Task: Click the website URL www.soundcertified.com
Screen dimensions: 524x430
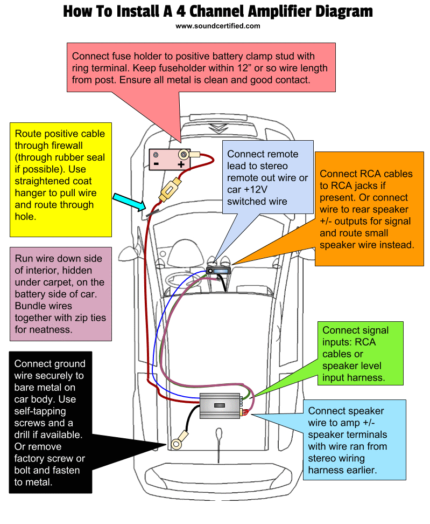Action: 217,25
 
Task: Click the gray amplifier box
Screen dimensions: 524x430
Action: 221,405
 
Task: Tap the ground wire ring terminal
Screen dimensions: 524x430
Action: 176,444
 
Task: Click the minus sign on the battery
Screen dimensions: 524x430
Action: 157,163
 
